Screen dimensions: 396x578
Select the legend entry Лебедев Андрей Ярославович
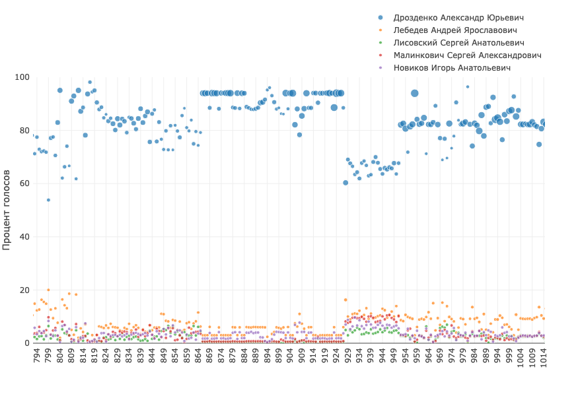[x=454, y=30]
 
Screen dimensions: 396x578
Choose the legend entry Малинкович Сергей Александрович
[x=467, y=55]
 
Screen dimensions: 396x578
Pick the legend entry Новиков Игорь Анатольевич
[x=452, y=67]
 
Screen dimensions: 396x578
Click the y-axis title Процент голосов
[x=7, y=209]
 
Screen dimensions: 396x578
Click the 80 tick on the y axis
[x=24, y=131]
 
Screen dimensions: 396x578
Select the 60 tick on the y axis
[x=24, y=183]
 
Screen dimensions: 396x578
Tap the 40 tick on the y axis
[x=24, y=237]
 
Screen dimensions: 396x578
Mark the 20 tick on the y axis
[x=24, y=290]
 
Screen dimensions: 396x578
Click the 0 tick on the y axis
[x=26, y=343]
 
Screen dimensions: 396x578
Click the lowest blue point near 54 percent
[x=48, y=200]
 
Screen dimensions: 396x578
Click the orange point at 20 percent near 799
[x=48, y=290]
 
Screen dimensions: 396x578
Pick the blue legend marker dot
[x=380, y=17]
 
